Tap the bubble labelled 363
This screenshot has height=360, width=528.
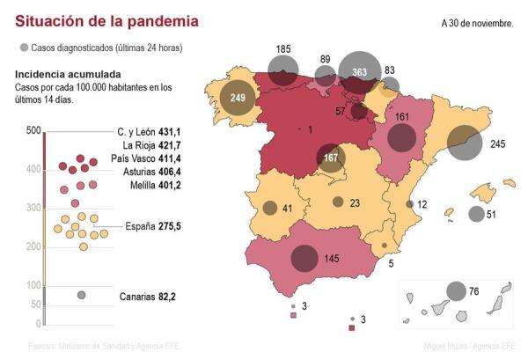pyautogui.click(x=359, y=72)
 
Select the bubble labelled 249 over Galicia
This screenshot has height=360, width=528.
pyautogui.click(x=238, y=97)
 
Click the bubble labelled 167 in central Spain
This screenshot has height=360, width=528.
pyautogui.click(x=332, y=158)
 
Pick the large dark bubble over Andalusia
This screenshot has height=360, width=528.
pyautogui.click(x=304, y=258)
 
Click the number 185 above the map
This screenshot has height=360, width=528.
pyautogui.click(x=283, y=49)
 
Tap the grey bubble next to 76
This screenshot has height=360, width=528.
pyautogui.click(x=456, y=291)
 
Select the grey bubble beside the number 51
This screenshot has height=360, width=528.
pyautogui.click(x=476, y=214)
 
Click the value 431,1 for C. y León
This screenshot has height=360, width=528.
pyautogui.click(x=165, y=131)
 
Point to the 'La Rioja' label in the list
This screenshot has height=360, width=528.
pyautogui.click(x=139, y=145)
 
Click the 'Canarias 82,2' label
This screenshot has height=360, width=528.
pyautogui.click(x=148, y=297)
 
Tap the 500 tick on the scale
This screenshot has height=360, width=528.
pyautogui.click(x=34, y=131)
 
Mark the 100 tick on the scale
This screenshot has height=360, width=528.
pyautogui.click(x=34, y=285)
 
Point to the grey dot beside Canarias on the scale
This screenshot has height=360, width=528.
pyautogui.click(x=82, y=295)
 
